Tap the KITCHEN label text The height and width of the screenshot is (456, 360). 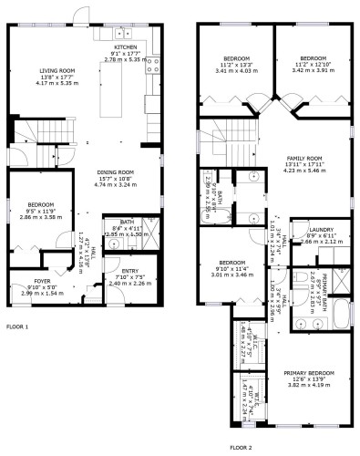point(125,47)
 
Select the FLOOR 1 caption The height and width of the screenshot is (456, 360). point(17,326)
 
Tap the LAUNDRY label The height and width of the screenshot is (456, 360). point(321,230)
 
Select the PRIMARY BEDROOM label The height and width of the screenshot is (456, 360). point(307,372)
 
